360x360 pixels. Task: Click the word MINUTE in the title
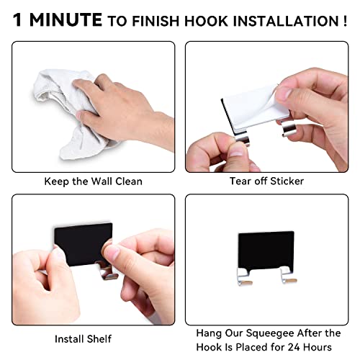(x=66, y=19)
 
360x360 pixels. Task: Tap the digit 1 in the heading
(x=17, y=19)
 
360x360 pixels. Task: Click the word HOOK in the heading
(x=206, y=21)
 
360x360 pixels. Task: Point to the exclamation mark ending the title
(x=345, y=21)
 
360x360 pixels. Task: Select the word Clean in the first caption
(x=129, y=181)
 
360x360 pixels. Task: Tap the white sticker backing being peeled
(x=254, y=107)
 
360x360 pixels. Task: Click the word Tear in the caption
(x=240, y=181)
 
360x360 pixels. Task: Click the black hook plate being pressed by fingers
(x=83, y=243)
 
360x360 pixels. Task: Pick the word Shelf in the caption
(x=99, y=339)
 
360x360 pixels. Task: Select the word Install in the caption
(x=69, y=339)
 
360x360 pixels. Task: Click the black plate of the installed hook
(x=266, y=251)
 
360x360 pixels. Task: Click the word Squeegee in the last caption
(x=270, y=333)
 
